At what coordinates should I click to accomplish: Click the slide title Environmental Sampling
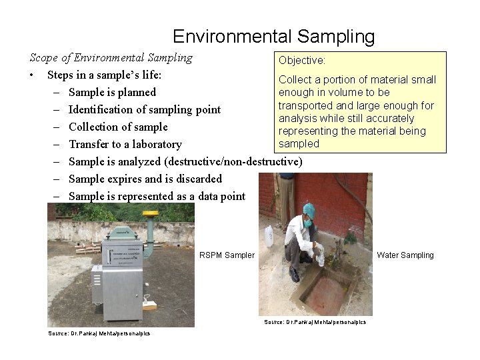point(273,36)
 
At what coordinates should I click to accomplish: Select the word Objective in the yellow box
point(301,61)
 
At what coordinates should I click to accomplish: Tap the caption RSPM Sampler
point(227,255)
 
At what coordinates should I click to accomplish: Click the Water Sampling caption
point(405,255)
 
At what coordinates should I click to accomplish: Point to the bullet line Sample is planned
point(112,92)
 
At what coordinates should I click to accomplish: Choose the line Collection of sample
point(118,127)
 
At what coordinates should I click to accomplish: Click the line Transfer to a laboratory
point(125,144)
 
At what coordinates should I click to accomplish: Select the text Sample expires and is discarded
point(145,179)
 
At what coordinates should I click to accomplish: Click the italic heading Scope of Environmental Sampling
point(111,57)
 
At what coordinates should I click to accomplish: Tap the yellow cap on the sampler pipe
point(150,215)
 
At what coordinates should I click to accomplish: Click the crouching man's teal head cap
point(308,209)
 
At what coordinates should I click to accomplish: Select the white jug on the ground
point(269,237)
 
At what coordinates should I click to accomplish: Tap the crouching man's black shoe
point(294,274)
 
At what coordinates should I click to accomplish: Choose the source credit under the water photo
point(315,322)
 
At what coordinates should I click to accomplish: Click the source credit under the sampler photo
point(99,333)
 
